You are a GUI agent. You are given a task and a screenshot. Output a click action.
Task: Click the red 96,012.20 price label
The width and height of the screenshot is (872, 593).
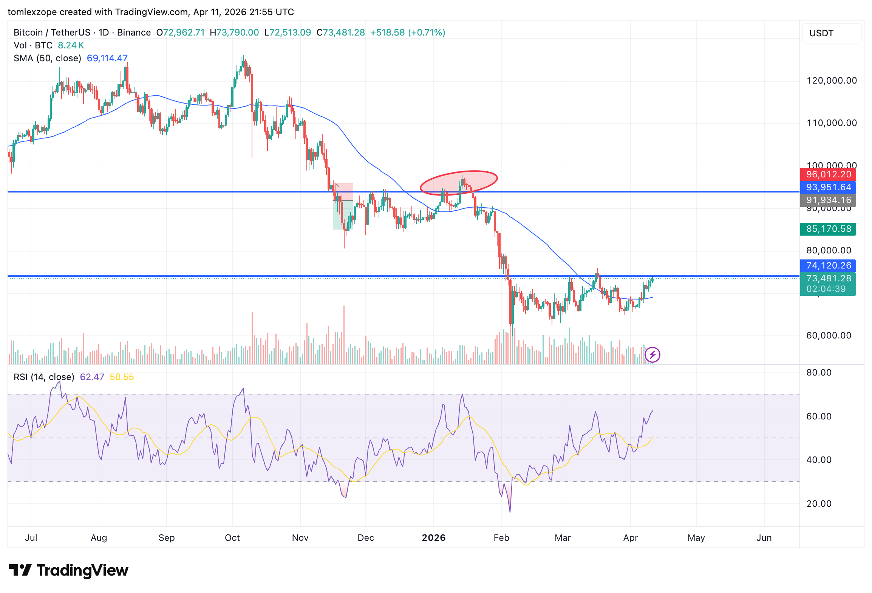828,175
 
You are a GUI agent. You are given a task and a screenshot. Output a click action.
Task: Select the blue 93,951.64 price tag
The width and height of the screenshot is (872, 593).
828,188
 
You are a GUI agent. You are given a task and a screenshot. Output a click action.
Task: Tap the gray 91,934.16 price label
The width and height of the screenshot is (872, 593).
828,200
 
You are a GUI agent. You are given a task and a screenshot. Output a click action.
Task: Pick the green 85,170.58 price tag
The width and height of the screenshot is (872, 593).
828,229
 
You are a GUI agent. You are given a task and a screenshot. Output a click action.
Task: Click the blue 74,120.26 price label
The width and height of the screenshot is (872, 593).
828,266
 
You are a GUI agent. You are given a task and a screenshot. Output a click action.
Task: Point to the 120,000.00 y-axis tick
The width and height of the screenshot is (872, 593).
831,81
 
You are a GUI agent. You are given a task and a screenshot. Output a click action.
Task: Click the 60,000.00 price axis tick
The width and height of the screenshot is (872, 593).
829,335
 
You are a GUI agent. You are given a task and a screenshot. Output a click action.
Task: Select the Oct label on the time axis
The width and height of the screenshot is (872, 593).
232,538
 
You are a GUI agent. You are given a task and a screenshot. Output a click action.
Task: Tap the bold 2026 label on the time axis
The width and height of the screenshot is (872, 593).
433,538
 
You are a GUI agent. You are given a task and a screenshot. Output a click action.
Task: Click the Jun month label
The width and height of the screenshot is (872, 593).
764,538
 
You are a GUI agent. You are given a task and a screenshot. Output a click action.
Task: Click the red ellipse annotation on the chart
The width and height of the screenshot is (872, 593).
459,182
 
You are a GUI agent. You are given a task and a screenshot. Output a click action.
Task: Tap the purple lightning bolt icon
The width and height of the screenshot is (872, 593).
652,355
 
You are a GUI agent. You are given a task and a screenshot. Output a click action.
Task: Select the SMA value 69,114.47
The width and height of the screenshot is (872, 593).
107,58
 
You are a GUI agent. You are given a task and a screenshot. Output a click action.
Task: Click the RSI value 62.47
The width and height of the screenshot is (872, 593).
92,377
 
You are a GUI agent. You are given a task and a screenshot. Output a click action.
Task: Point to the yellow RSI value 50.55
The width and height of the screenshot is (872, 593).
122,377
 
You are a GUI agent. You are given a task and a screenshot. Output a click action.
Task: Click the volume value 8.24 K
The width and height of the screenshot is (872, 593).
71,45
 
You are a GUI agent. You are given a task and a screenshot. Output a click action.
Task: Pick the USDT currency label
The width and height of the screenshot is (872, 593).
821,33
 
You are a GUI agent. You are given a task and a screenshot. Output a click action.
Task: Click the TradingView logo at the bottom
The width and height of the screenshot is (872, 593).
69,570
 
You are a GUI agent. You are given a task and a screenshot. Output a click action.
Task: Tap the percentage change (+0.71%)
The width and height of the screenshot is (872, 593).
427,33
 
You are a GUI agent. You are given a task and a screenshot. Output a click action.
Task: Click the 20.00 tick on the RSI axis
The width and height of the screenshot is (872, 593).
819,504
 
